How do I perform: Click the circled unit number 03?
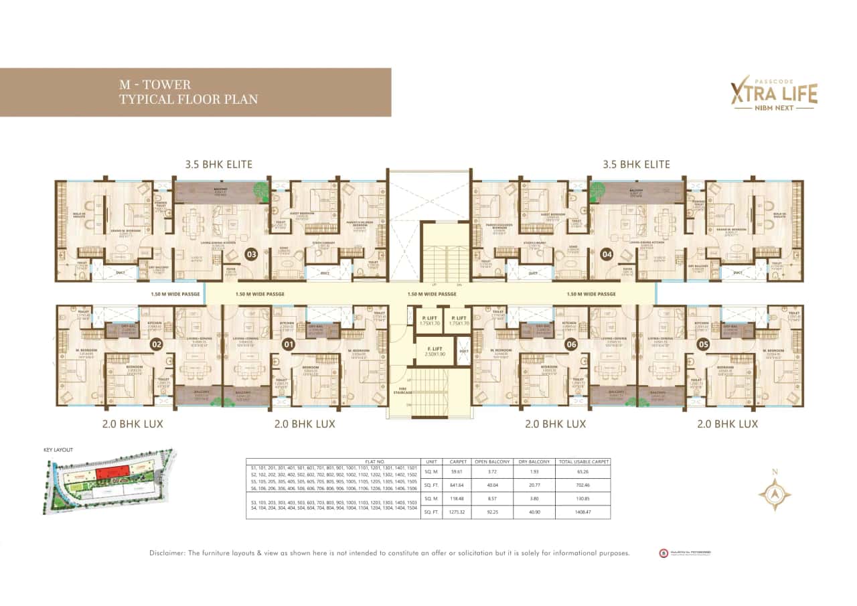pos(251,254)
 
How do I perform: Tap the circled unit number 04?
pos(608,254)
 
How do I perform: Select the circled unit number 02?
pos(157,345)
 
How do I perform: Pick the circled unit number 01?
pos(289,345)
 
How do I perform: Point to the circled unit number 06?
pos(571,345)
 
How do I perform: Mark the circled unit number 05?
pos(703,345)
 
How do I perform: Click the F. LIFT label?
pos(432,350)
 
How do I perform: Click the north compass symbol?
pos(775,494)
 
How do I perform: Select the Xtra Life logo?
pos(773,94)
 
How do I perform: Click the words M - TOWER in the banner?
pos(155,85)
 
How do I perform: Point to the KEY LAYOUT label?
pos(58,450)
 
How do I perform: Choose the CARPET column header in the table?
pos(458,461)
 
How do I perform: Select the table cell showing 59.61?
pos(458,471)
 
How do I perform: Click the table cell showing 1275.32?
pos(458,513)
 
